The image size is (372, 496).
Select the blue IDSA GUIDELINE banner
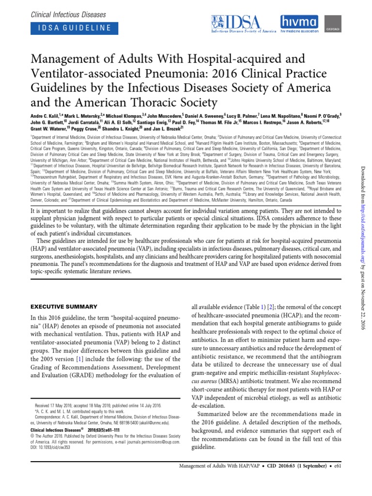pyautogui.click(x=74, y=28)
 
